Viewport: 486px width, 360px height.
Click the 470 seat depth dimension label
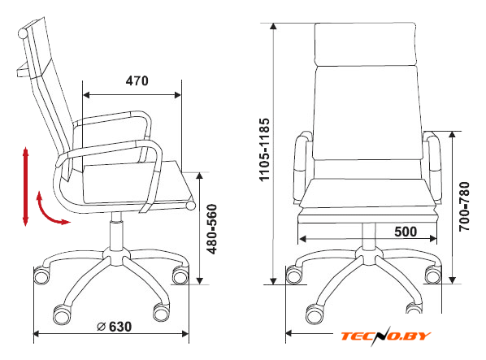(x=137, y=81)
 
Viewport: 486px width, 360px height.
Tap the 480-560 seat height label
(x=212, y=228)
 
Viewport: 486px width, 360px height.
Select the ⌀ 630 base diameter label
(x=115, y=327)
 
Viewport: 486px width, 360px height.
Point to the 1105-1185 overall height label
(x=264, y=150)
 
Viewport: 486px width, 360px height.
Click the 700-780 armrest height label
(x=464, y=206)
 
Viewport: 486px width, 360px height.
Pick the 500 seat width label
(x=406, y=232)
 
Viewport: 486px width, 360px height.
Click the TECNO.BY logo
(x=386, y=336)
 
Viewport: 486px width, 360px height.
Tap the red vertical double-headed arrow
(x=25, y=187)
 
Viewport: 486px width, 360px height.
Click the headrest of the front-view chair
(x=366, y=44)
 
